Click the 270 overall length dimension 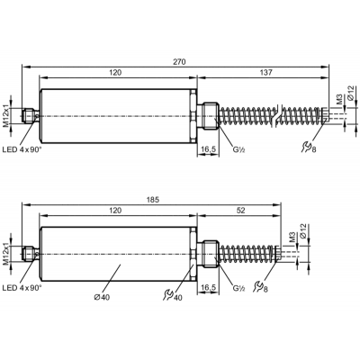click(179, 62)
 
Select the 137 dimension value click(266, 72)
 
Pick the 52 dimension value click(241, 211)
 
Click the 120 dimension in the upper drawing click(115, 72)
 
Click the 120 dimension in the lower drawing click(115, 211)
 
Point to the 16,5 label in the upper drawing click(209, 149)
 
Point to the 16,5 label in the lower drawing click(209, 287)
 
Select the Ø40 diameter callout click(102, 297)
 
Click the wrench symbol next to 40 click(168, 295)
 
